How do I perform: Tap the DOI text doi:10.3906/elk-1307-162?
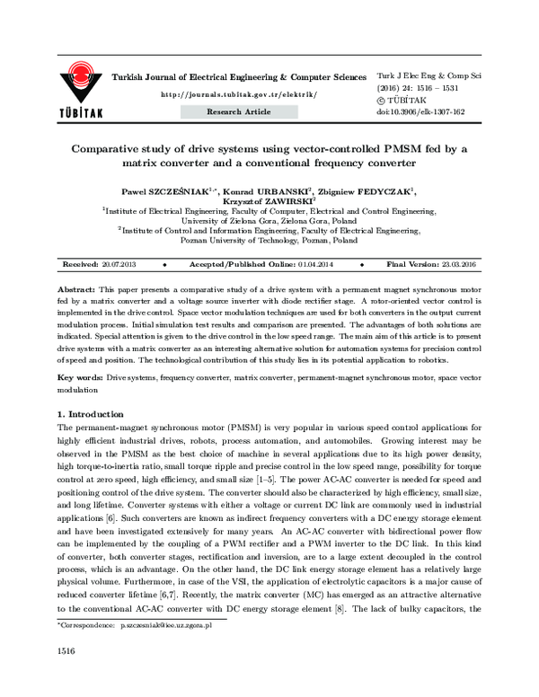[x=420, y=112]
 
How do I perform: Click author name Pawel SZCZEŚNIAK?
[x=172, y=191]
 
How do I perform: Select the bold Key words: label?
[x=80, y=380]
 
